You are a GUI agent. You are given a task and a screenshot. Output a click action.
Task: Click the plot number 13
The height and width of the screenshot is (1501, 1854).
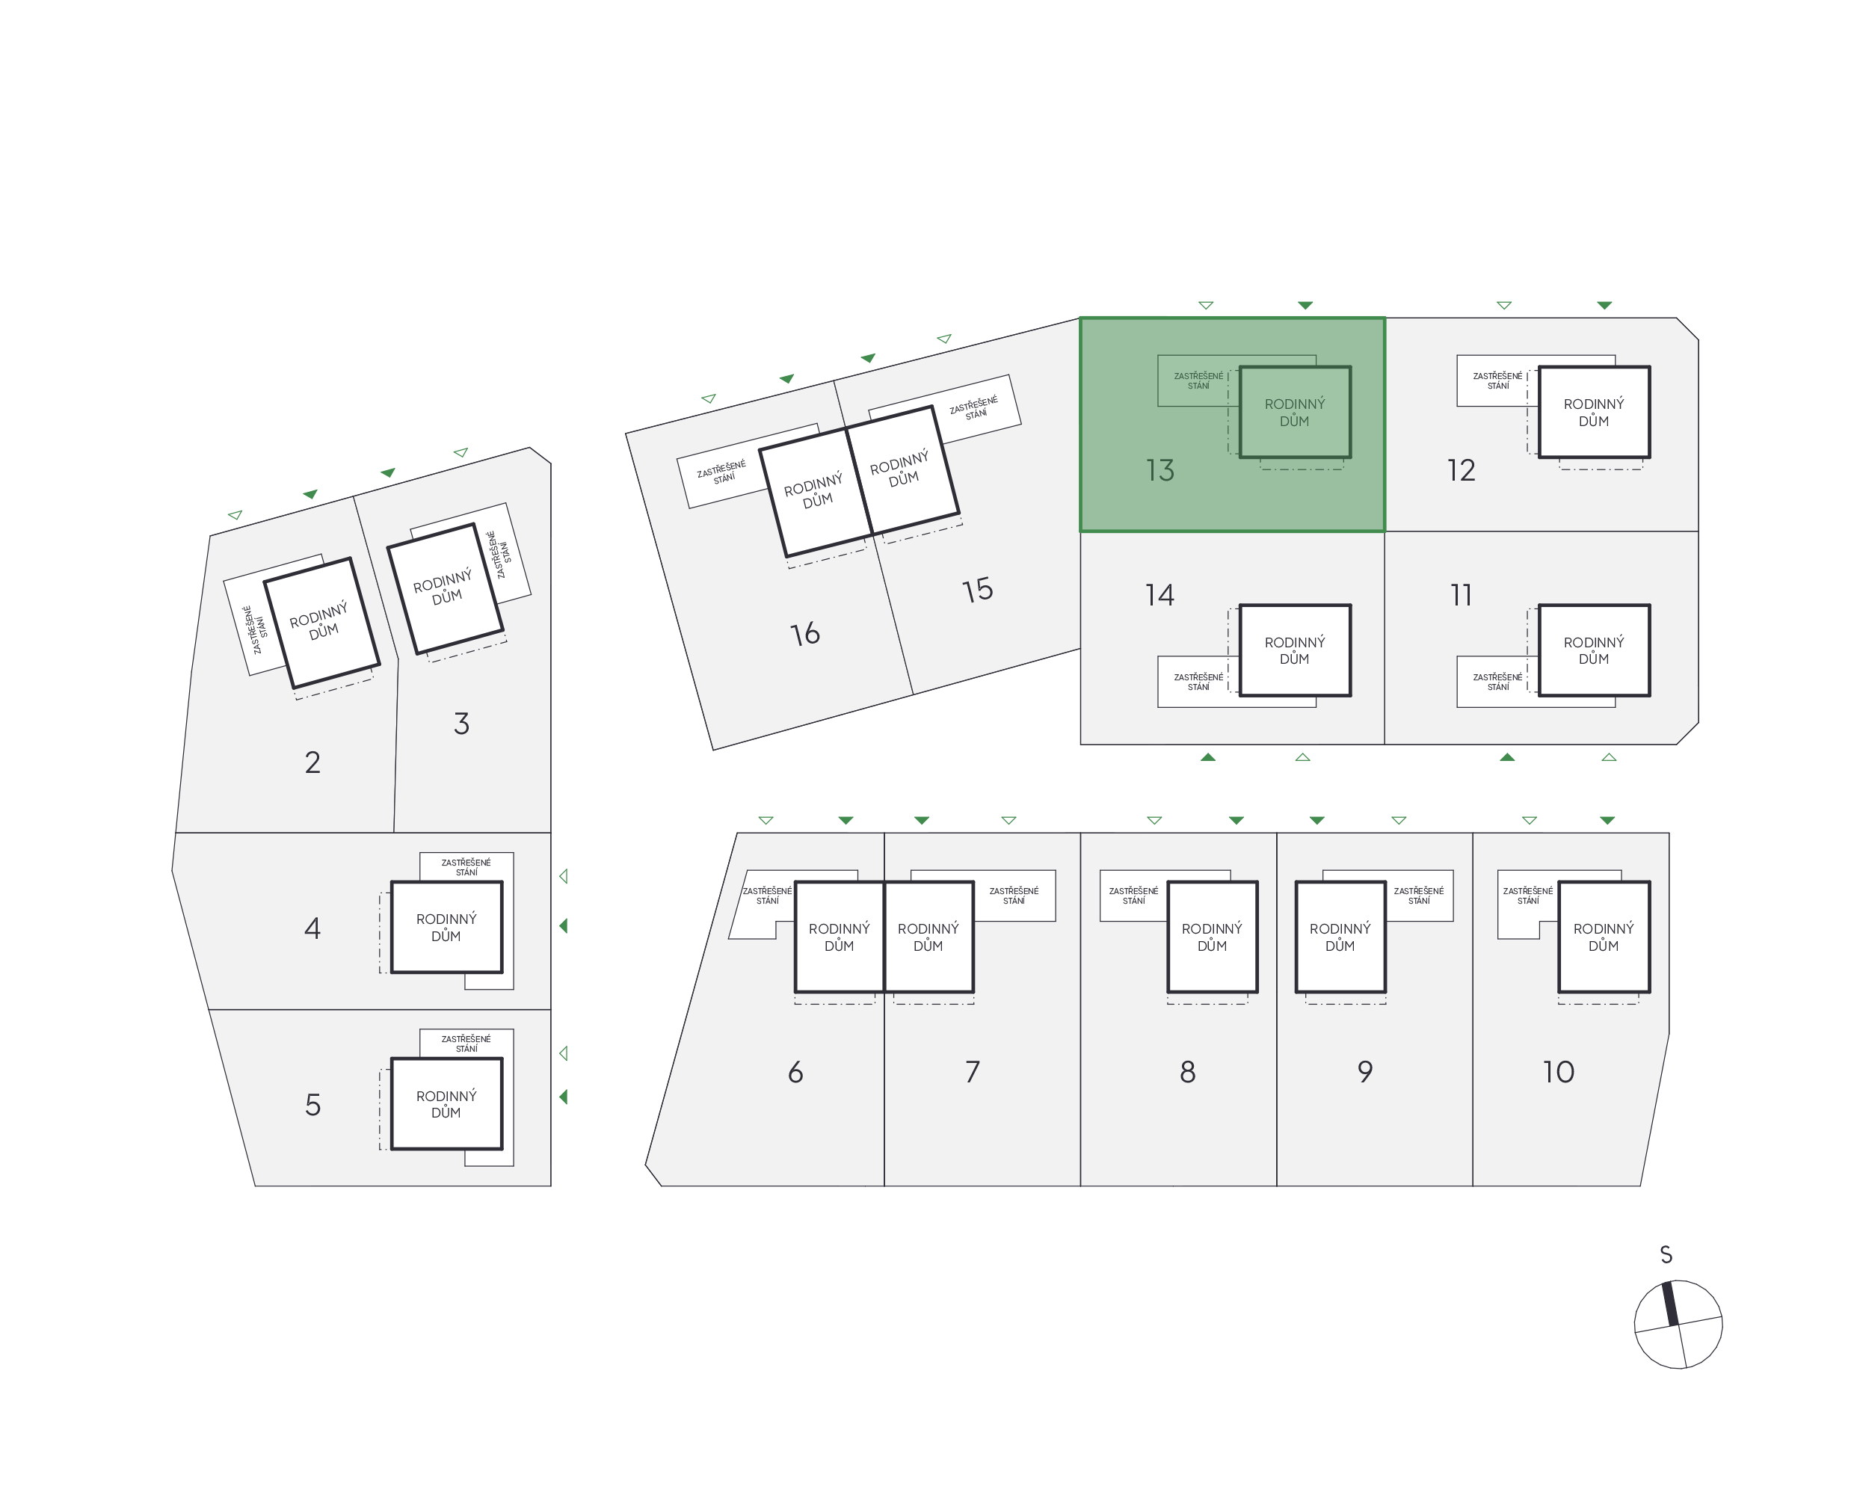1159,470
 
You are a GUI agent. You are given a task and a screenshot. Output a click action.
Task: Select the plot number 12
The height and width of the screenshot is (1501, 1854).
1462,470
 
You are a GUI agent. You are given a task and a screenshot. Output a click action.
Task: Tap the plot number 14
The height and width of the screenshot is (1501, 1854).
1159,595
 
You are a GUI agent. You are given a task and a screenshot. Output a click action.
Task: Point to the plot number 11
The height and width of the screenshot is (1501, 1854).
1462,595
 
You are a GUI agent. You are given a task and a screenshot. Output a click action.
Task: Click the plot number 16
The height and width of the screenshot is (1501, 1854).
805,634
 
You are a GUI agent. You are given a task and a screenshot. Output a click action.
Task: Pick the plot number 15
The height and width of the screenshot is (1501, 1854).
977,591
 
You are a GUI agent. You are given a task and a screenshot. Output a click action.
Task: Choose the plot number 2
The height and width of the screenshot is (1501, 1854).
313,762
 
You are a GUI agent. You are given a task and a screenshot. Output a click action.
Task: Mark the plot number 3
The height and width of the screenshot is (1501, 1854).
462,724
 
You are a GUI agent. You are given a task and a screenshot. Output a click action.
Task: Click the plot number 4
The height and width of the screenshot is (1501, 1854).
313,928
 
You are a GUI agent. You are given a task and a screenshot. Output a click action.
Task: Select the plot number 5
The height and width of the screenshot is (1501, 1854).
313,1105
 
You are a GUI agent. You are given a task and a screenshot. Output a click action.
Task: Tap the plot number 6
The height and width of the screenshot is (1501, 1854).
795,1072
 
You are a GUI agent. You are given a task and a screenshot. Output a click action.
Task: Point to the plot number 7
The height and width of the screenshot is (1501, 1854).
973,1072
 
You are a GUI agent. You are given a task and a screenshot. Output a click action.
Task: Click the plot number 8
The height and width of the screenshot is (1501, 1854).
1188,1072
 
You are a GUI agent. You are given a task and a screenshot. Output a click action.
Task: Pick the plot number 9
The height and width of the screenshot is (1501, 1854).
1365,1072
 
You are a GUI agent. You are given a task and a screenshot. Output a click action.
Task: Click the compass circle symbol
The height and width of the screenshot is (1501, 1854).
1678,1324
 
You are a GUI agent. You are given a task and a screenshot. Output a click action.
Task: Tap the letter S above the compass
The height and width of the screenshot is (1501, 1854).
1666,1254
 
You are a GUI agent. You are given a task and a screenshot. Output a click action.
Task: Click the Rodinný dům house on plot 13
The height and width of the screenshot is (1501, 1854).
1295,413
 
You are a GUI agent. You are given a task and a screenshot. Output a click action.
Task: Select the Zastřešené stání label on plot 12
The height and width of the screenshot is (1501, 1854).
1497,380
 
